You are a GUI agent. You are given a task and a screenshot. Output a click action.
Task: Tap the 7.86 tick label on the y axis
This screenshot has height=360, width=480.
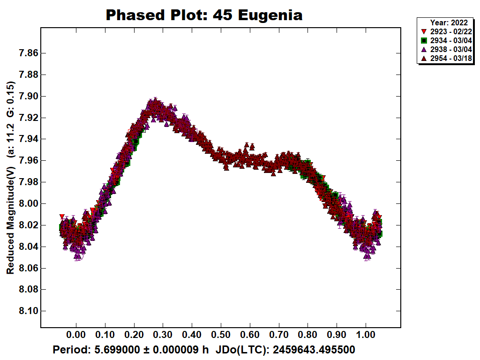(25, 53)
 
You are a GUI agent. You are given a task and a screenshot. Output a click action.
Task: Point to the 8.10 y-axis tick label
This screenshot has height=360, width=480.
(25, 311)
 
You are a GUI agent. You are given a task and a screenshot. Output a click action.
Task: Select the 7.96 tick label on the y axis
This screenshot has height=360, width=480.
(25, 160)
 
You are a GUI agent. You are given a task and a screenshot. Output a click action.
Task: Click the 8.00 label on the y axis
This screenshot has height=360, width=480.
(25, 203)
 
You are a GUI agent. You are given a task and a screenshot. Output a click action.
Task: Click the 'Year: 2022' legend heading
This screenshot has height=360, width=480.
(449, 22)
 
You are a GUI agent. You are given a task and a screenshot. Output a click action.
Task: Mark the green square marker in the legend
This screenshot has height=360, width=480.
(424, 40)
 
